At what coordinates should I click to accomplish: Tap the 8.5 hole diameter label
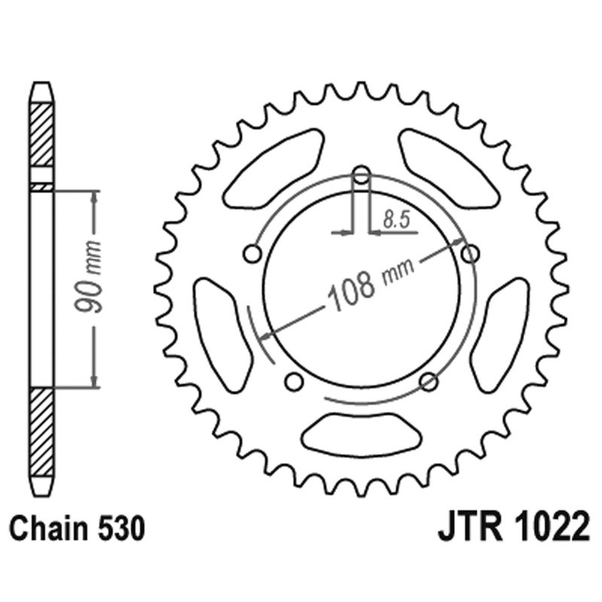(394, 220)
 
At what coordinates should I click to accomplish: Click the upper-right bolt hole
(470, 254)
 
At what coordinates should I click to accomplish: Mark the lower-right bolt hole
(428, 382)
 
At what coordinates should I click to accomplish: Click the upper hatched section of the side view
(41, 135)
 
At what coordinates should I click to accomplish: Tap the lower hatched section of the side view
(41, 433)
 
